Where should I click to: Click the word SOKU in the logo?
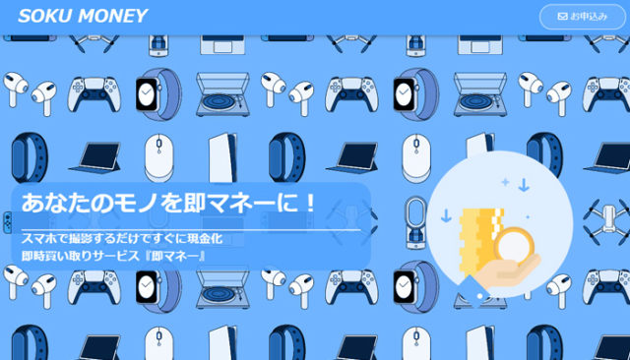[44, 16]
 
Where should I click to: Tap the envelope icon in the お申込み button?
[562, 17]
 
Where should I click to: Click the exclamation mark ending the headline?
[307, 205]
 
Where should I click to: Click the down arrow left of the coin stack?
[446, 215]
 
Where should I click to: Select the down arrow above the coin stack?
[523, 184]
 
